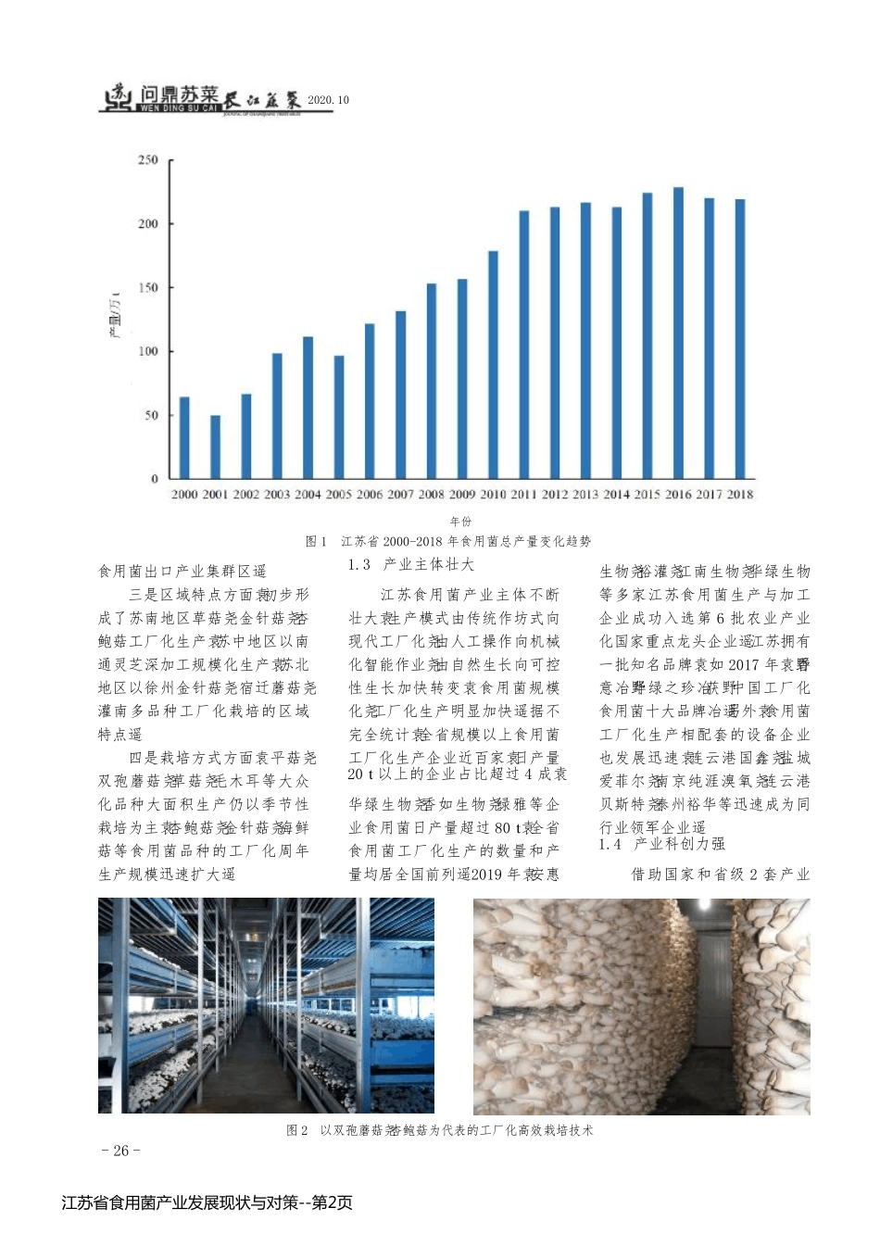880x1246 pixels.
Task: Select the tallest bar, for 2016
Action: (x=678, y=334)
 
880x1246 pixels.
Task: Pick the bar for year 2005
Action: (x=339, y=417)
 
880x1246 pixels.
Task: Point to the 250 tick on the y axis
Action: (x=148, y=160)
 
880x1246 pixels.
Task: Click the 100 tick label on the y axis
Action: (x=148, y=352)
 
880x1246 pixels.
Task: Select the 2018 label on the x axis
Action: (x=740, y=495)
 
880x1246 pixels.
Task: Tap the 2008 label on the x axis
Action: (x=432, y=495)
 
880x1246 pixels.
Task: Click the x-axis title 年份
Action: (x=460, y=522)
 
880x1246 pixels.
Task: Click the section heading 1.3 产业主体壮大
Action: (x=411, y=564)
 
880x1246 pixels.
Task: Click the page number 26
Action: (x=120, y=1151)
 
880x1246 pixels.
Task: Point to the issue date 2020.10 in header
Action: (x=329, y=100)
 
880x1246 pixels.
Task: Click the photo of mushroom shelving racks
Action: (x=266, y=1005)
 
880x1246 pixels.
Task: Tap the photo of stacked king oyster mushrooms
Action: (x=641, y=1006)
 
